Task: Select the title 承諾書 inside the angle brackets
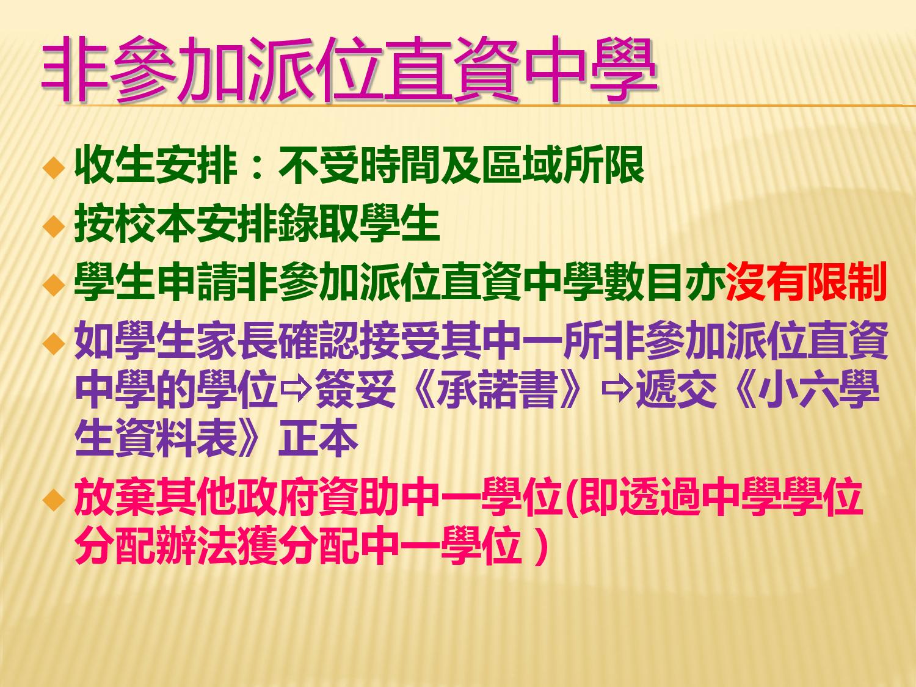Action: [x=499, y=392]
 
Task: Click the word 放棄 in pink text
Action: [x=115, y=499]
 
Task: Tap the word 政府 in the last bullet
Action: [x=277, y=499]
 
